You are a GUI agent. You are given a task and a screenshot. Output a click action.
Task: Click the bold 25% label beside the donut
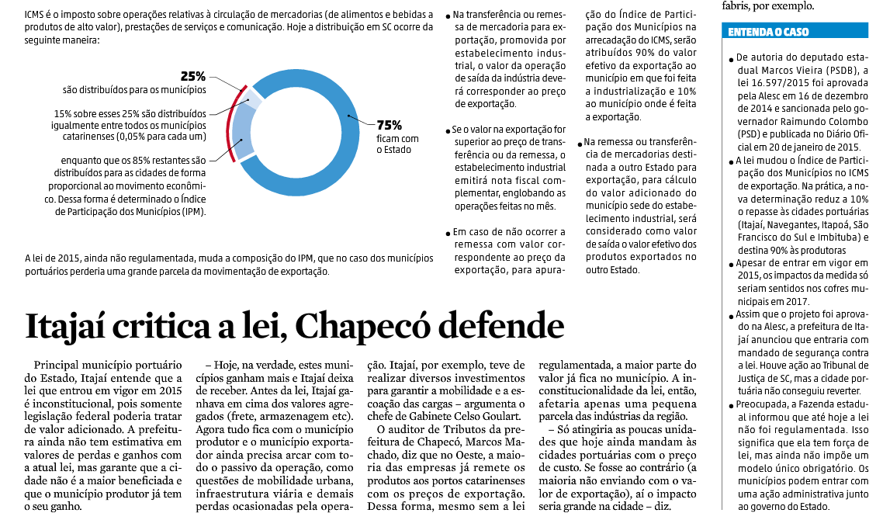click(x=192, y=76)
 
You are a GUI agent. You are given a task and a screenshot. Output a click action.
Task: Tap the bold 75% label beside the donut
click(x=389, y=125)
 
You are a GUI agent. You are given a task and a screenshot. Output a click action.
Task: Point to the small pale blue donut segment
click(x=253, y=100)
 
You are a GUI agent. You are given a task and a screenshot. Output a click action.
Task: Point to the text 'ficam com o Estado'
click(x=397, y=144)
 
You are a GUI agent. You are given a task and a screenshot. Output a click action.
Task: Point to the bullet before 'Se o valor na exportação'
click(x=448, y=130)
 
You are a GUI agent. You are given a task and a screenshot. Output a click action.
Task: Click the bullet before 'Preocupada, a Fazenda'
click(x=731, y=406)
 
